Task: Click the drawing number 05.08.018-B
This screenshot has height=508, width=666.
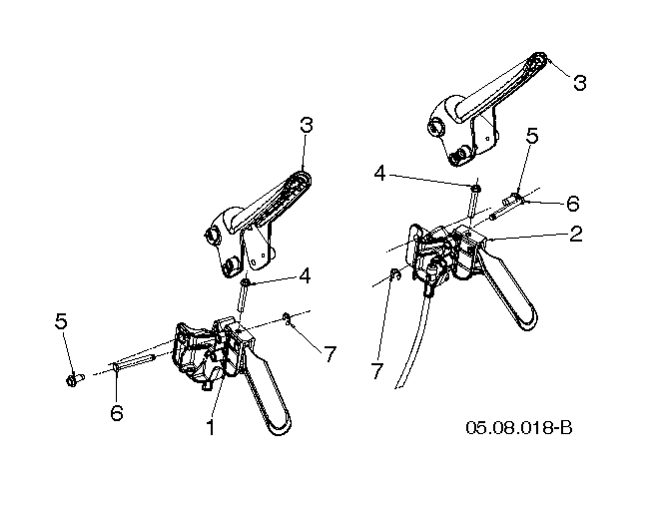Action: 519,427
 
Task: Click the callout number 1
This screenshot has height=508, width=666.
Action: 211,427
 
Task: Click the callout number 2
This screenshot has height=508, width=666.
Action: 575,234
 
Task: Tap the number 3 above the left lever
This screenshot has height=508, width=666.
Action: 306,125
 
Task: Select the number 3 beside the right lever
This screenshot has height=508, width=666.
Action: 580,82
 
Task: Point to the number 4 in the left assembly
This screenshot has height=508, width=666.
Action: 305,276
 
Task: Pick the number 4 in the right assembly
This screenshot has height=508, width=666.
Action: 379,174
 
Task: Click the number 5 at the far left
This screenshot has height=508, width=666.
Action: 61,321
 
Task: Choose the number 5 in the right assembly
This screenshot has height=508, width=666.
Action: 532,136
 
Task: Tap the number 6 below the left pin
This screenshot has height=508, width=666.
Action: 117,412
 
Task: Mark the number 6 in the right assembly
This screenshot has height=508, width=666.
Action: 573,204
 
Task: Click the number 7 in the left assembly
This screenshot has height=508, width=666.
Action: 331,354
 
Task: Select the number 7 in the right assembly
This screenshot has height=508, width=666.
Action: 376,371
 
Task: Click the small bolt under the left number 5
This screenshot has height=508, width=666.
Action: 75,379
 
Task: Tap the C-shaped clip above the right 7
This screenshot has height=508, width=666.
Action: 394,275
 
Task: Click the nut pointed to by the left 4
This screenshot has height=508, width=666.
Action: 246,282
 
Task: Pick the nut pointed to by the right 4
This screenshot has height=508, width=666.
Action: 476,188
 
